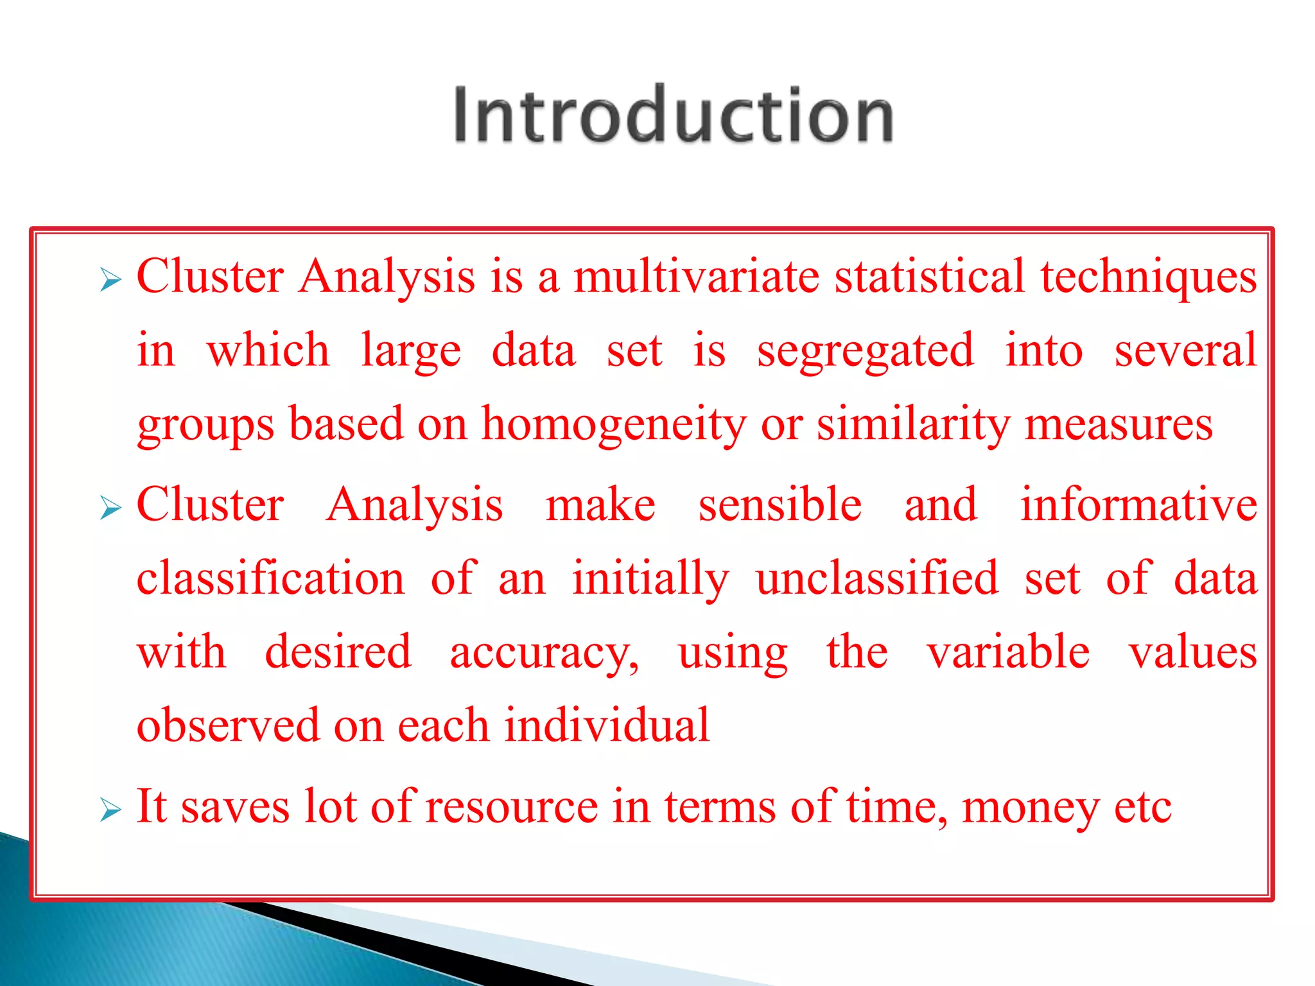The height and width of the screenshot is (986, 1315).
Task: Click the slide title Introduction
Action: click(673, 116)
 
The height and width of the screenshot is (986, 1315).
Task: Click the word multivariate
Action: click(696, 277)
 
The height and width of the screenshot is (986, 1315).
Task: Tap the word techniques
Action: click(1148, 277)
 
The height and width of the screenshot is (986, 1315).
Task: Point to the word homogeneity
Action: click(614, 425)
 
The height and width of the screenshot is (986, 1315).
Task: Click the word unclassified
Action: click(877, 578)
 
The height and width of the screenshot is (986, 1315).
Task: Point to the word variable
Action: click(1008, 652)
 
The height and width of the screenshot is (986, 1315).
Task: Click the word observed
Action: click(228, 726)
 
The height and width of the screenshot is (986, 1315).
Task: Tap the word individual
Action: click(607, 726)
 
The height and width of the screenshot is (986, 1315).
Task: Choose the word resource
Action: click(511, 807)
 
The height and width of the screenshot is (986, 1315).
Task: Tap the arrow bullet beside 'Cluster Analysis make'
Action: click(110, 509)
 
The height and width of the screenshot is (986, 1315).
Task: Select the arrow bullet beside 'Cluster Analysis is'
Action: click(110, 281)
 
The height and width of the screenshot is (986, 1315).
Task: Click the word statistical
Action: click(929, 277)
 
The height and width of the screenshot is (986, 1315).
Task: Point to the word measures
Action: click(1118, 425)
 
